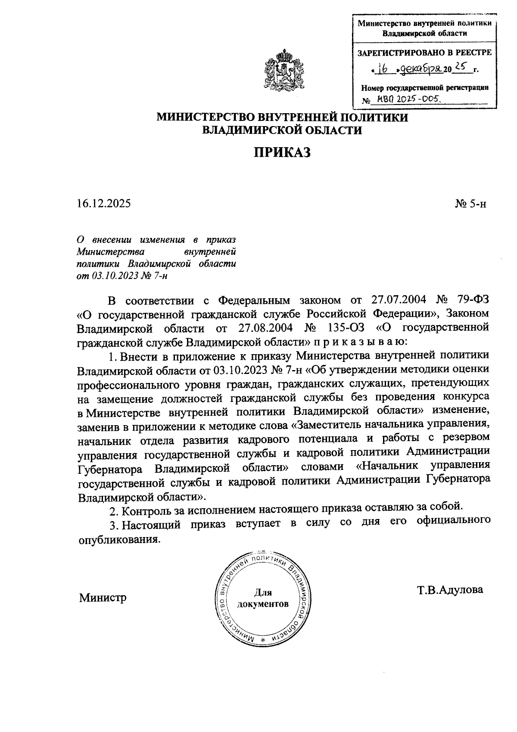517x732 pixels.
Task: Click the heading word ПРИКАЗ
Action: [282, 152]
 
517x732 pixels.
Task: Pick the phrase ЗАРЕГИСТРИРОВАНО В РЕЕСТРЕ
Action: [424, 53]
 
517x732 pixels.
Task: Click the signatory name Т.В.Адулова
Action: [450, 589]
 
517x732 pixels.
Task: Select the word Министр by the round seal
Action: [103, 598]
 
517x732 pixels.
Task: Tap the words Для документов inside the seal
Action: [263, 598]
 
